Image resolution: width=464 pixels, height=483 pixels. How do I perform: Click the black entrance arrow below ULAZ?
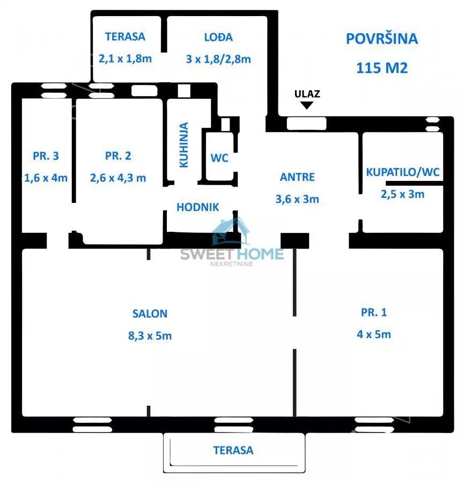306,106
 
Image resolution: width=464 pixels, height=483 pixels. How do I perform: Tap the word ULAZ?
307,93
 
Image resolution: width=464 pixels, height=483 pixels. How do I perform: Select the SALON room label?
150,314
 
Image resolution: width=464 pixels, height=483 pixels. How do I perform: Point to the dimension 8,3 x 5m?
150,336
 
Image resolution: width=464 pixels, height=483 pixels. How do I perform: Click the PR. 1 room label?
374,312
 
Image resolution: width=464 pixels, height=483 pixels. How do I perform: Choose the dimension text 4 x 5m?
374,334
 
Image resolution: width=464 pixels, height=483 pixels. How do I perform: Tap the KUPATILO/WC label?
403,172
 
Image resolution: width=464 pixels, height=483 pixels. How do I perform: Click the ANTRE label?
297,177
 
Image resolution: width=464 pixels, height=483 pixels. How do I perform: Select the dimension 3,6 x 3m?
297,199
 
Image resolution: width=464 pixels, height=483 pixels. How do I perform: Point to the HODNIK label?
198,207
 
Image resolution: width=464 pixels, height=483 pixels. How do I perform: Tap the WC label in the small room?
219,158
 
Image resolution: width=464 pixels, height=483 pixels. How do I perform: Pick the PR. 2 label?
118,156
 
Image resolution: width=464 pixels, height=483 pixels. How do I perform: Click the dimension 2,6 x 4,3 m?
118,178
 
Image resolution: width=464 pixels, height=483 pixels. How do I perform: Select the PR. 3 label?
46,156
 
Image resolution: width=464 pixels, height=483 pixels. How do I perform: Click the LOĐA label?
218,37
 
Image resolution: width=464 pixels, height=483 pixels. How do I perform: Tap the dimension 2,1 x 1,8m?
126,58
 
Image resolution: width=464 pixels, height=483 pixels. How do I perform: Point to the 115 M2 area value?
382,68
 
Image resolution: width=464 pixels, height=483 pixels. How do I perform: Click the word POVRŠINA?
382,39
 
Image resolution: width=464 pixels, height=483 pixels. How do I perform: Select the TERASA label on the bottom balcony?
233,450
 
